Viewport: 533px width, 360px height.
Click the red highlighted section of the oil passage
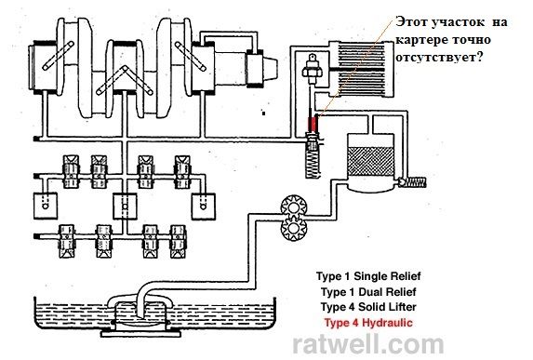313,124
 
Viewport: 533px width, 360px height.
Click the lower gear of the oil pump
294,229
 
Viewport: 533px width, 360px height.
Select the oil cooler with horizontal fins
362,69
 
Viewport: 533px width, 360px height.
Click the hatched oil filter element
370,161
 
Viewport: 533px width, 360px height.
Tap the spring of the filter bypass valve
417,182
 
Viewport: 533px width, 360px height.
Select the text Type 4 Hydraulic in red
368,322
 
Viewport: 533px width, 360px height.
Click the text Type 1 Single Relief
368,276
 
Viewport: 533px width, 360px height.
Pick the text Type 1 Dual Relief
368,292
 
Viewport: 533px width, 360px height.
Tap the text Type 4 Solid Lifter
368,307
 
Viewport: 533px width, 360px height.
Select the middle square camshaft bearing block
125,207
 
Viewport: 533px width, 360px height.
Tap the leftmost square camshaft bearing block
46,206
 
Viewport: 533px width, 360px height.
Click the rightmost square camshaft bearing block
204,207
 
